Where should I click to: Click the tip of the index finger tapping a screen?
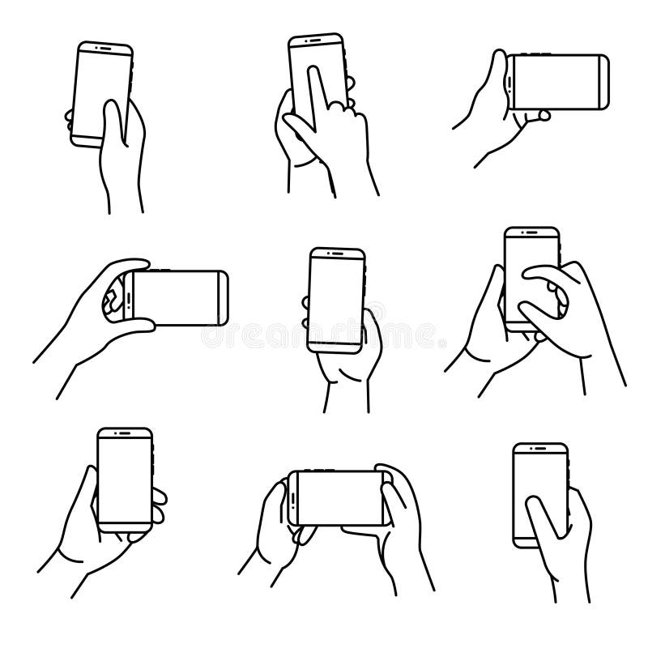pos(311,72)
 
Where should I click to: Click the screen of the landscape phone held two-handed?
pos(339,497)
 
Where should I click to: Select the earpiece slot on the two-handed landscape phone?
pos(293,497)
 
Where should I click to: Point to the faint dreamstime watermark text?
pos(324,333)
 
